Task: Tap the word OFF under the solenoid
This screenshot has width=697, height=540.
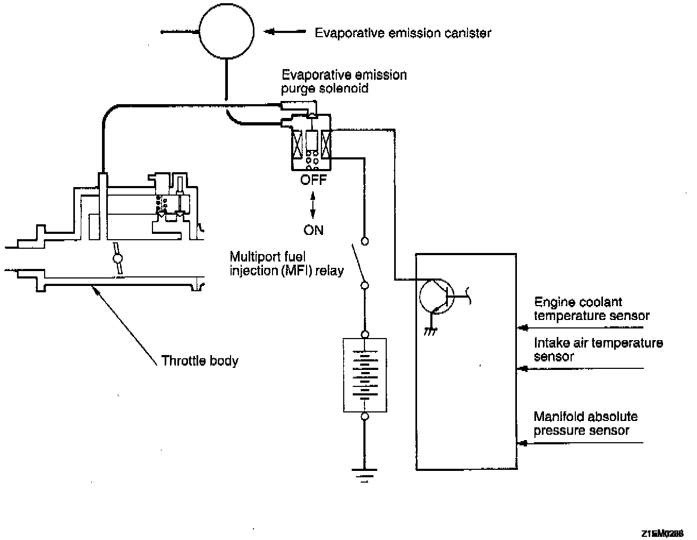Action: click(313, 180)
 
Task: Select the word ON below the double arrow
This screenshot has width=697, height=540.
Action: click(313, 230)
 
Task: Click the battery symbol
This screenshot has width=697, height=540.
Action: click(365, 375)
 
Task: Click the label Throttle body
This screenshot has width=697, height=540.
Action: click(200, 361)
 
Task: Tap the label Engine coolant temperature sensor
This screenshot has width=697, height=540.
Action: click(591, 309)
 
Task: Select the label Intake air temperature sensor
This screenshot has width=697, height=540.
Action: click(598, 350)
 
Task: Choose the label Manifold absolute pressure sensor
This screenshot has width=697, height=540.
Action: click(585, 424)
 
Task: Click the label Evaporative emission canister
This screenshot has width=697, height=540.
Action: click(403, 33)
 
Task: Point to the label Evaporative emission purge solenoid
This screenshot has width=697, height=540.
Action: click(344, 81)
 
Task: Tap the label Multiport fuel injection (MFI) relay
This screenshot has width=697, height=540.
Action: click(286, 263)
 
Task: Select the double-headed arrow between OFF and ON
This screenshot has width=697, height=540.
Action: click(313, 205)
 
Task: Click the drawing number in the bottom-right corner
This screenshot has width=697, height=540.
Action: click(662, 533)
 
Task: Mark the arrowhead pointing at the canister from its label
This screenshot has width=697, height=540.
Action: click(270, 32)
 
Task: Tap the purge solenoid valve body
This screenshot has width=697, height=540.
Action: click(311, 144)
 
